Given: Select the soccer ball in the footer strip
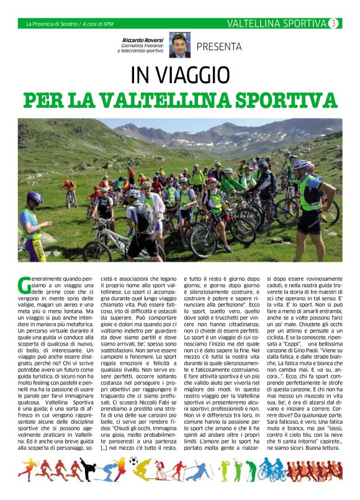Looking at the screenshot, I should point(133,461).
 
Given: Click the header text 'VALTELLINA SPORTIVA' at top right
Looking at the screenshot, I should point(276,24).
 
